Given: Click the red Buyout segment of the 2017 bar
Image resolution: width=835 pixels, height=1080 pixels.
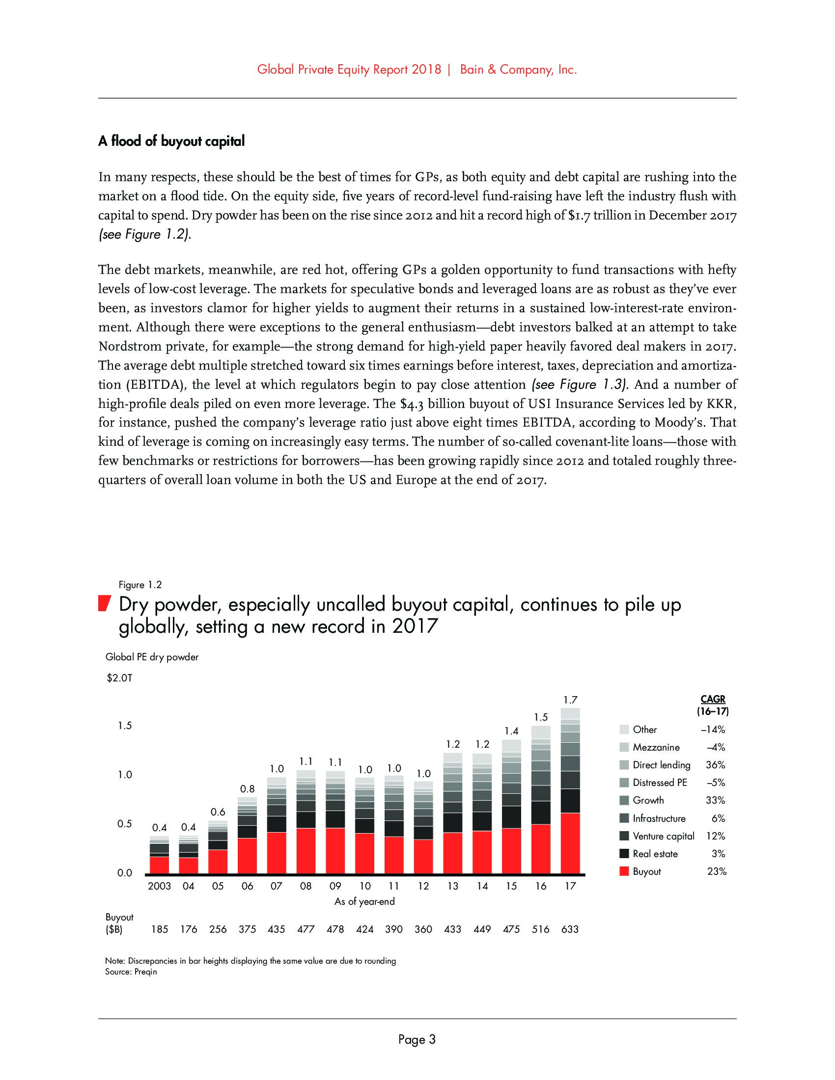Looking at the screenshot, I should coord(570,843).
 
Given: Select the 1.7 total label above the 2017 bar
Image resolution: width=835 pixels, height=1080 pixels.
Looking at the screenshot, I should coord(570,700).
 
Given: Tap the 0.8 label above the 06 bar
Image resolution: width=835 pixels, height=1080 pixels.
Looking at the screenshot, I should coord(247,789).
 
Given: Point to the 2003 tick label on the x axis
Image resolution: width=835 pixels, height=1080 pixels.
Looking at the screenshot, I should coord(159,886).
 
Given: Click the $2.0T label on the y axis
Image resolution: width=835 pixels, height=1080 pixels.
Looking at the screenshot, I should coord(119,678).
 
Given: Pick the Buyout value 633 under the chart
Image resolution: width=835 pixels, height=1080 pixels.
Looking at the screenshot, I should coord(570,929).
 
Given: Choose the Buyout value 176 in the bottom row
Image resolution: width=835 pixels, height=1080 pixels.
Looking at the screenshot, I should coord(189,929).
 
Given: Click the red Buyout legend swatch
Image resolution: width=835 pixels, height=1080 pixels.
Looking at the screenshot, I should coord(624,871).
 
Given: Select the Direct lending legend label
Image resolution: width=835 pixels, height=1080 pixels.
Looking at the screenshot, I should coord(662,765).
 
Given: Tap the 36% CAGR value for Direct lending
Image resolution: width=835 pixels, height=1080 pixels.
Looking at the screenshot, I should coord(715,765).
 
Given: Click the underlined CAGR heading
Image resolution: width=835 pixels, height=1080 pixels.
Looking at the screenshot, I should coord(713,699).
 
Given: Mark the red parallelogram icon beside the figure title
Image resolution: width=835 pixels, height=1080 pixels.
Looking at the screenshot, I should coord(103,604).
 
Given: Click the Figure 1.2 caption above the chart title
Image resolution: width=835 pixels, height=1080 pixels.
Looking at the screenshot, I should coord(140,585).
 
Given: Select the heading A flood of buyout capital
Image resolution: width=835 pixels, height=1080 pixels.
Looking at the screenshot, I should coord(171,141).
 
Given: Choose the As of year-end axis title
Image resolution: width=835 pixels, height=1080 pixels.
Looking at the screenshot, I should coord(364,901).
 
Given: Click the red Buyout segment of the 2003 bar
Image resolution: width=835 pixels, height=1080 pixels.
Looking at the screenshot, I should coord(159,865).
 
